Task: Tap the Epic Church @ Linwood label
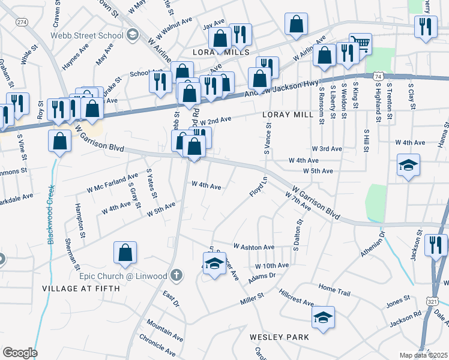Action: pyautogui.click(x=122, y=276)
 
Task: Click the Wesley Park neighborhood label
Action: pyautogui.click(x=280, y=337)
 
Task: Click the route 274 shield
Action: pyautogui.click(x=22, y=22)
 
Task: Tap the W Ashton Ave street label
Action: pyautogui.click(x=254, y=247)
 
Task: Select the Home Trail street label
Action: pyautogui.click(x=334, y=289)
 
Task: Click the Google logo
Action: pyautogui.click(x=20, y=353)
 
